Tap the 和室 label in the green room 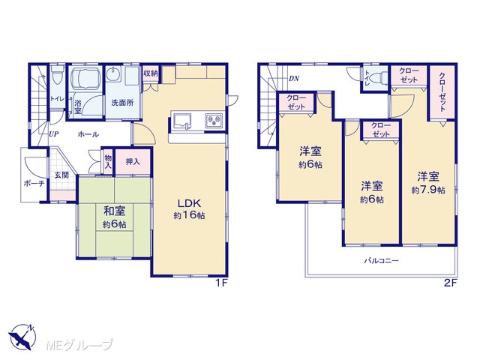pos(114,211)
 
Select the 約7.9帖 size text pos(428,190)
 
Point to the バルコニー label pos(382,261)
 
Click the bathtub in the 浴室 pos(85,78)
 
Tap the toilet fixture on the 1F pos(57,73)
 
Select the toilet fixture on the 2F pos(380,77)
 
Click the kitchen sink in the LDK pos(182,121)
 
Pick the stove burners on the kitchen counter pos(214,120)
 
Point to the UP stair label pos(53,134)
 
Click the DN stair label pos(294,78)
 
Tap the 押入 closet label pos(133,162)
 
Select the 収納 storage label pos(151,73)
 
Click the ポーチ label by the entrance pos(34,183)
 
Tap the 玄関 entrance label pos(61,175)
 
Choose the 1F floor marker pos(221,283)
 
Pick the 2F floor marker pos(450,283)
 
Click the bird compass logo pos(22,337)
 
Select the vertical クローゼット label pos(442,91)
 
